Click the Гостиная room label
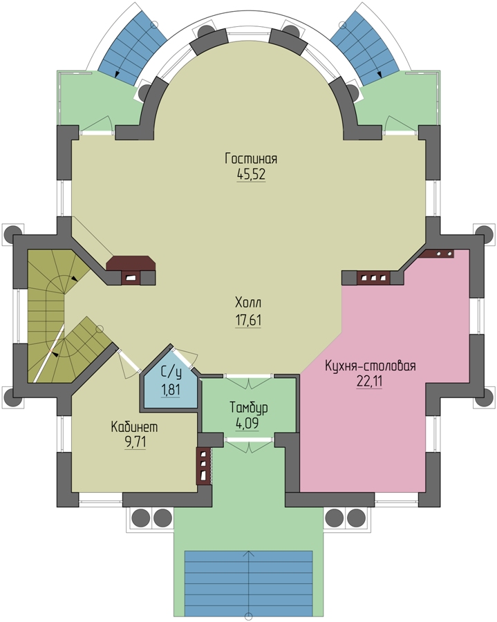click(251, 158)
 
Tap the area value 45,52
click(251, 175)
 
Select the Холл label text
click(248, 303)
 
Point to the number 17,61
click(248, 320)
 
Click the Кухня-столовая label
click(370, 366)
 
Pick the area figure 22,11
click(369, 381)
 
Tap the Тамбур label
click(249, 407)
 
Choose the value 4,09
click(247, 423)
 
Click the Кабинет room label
click(134, 427)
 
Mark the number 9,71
click(135, 442)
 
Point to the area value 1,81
click(171, 390)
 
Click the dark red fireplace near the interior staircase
click(131, 270)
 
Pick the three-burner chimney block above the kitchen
click(373, 278)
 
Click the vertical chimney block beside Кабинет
click(203, 466)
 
